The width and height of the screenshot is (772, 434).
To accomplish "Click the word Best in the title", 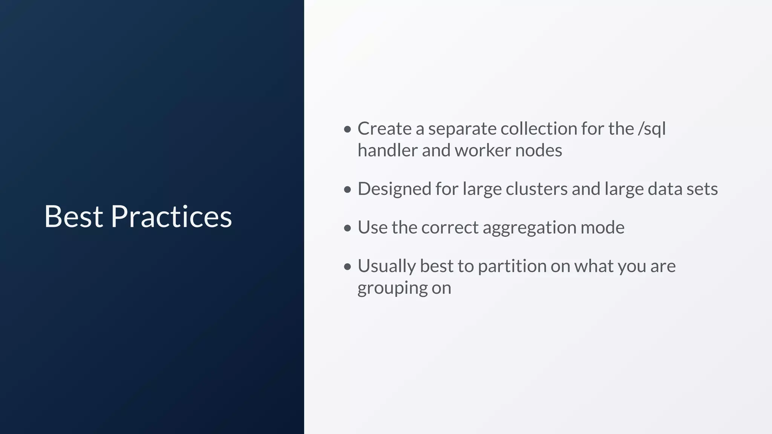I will (74, 217).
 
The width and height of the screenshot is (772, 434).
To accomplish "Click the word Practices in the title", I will (171, 217).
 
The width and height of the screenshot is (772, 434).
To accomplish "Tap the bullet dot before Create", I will (348, 130).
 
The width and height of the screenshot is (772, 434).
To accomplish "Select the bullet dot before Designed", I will (348, 189).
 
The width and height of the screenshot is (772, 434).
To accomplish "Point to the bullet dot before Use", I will (348, 228).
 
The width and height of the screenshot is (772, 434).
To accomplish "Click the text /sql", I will (652, 129).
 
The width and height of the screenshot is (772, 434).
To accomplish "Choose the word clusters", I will (536, 189).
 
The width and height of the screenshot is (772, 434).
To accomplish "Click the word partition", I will (512, 266).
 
